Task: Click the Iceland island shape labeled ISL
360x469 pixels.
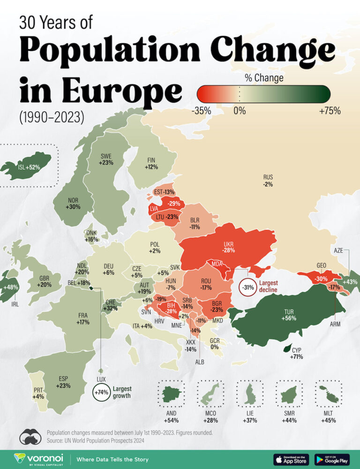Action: pyautogui.click(x=26, y=166)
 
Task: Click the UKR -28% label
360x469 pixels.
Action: pyautogui.click(x=229, y=247)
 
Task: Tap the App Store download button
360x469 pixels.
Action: pyautogui.click(x=291, y=459)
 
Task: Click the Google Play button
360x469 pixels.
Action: pyautogui.click(x=332, y=459)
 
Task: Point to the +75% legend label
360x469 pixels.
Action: pyautogui.click(x=329, y=111)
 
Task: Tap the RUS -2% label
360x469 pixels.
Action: pyautogui.click(x=268, y=181)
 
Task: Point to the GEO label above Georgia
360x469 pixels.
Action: pyautogui.click(x=321, y=265)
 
